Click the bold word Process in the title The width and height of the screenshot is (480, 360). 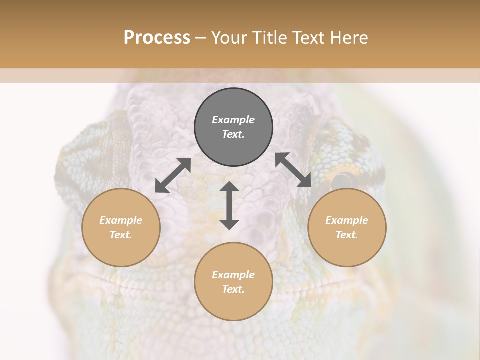[157, 37]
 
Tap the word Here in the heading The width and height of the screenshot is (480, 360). [349, 37]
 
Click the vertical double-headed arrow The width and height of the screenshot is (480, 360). [229, 205]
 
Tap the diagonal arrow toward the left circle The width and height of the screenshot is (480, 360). [173, 175]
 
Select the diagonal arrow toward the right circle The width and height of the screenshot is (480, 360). [293, 170]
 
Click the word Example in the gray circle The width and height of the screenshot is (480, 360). [233, 120]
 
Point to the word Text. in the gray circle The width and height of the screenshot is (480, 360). [233, 134]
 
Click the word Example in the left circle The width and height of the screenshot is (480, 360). [121, 220]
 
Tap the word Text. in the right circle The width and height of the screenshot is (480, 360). [347, 235]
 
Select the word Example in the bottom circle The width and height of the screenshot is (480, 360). [233, 275]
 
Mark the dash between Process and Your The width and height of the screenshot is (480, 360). [200, 38]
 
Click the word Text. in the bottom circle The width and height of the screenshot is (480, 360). [233, 289]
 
